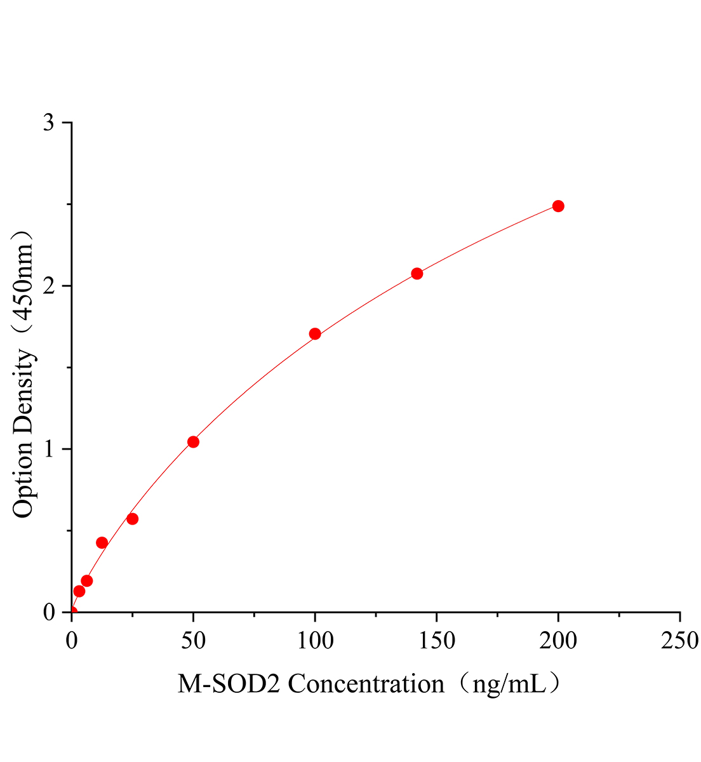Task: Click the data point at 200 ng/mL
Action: click(x=558, y=206)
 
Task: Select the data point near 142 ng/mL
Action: click(x=417, y=274)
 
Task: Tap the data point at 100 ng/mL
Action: click(x=315, y=334)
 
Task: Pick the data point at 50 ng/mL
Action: click(x=193, y=442)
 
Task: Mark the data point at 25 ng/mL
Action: click(x=133, y=519)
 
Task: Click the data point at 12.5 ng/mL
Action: click(x=102, y=542)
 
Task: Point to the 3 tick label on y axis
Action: click(x=49, y=123)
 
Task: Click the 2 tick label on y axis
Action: click(x=49, y=286)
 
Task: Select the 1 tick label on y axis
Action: click(x=49, y=449)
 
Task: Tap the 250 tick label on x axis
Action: click(x=679, y=641)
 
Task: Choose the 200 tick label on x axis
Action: click(x=558, y=641)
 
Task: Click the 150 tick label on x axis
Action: click(x=437, y=641)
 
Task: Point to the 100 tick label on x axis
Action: click(x=315, y=641)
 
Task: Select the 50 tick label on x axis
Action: click(x=193, y=641)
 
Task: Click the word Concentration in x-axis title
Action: click(x=366, y=684)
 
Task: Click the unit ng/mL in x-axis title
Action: click(x=511, y=684)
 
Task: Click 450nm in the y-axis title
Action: click(x=24, y=279)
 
